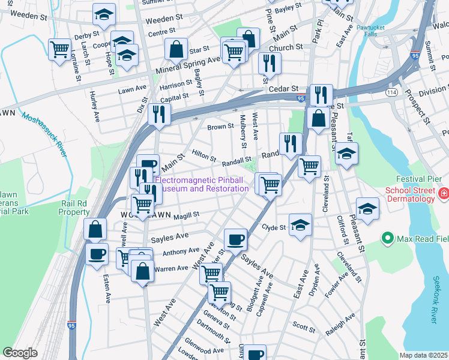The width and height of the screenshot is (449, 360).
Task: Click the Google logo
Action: [20, 353]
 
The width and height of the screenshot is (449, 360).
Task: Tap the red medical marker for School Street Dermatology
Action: [443, 193]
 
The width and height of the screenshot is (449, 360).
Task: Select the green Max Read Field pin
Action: [388, 239]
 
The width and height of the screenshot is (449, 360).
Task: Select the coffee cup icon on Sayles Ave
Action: [235, 239]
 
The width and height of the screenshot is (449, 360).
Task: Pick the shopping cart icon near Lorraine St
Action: [59, 49]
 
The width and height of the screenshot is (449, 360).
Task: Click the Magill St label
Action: [186, 215]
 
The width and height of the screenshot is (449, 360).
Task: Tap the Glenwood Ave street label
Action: [204, 350]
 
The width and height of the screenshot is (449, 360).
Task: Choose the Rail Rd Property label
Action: [74, 208]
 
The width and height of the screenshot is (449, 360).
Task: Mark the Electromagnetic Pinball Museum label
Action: [202, 184]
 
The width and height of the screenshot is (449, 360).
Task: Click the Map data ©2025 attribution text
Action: [424, 355]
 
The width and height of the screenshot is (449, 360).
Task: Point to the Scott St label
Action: [303, 328]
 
